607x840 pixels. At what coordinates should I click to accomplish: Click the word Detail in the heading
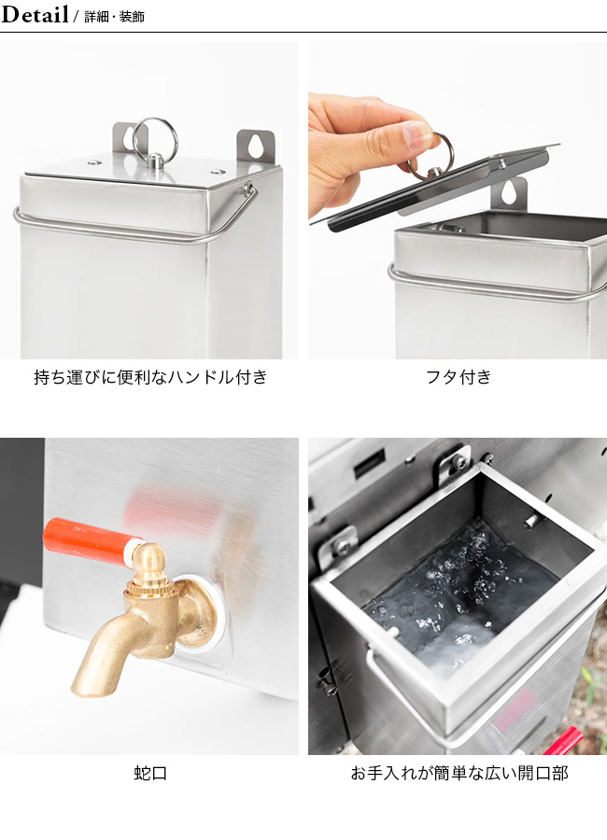[35, 14]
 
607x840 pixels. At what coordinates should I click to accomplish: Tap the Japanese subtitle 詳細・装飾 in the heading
[114, 17]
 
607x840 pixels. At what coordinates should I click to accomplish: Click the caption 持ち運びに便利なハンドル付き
[150, 377]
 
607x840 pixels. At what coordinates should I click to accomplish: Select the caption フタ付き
[459, 377]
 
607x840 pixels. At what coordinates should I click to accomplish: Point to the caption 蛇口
[150, 773]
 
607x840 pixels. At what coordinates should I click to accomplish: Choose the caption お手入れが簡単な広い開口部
[459, 773]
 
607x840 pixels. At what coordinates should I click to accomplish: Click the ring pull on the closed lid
[155, 140]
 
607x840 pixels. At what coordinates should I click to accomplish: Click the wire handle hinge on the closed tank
[249, 189]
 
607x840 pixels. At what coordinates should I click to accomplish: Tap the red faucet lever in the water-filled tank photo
[563, 743]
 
